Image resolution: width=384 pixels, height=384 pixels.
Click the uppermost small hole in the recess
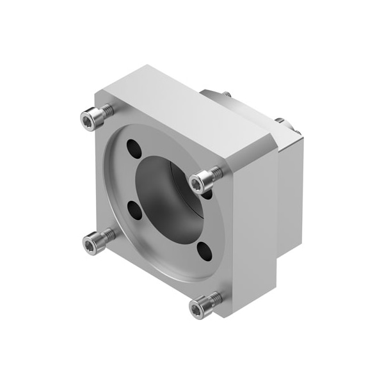click(x=134, y=148)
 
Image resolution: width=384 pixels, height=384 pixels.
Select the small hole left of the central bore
click(x=134, y=209)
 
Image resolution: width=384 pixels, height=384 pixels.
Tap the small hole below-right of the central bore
click(x=204, y=251)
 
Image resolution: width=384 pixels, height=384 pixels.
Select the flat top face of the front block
click(x=186, y=109)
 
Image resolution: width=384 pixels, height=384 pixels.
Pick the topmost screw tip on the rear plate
click(x=226, y=95)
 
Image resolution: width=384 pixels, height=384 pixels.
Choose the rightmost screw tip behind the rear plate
click(x=297, y=132)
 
